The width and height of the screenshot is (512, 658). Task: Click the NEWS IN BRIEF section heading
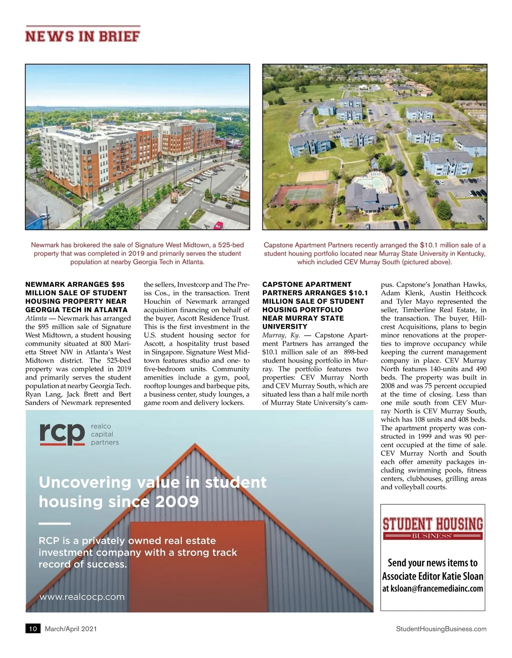tap(82, 36)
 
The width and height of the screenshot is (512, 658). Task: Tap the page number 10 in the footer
tap(33, 629)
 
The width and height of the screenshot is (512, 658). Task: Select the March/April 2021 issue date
tap(71, 629)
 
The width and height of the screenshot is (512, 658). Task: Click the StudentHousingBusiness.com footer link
tap(441, 629)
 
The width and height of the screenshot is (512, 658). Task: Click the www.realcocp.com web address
tap(82, 597)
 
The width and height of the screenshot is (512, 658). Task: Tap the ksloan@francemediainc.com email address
tap(433, 588)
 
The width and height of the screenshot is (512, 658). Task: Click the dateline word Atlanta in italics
tap(36, 318)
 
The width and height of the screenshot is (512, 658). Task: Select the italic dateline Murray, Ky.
tap(281, 335)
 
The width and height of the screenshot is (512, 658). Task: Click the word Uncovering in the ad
tap(84, 482)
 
